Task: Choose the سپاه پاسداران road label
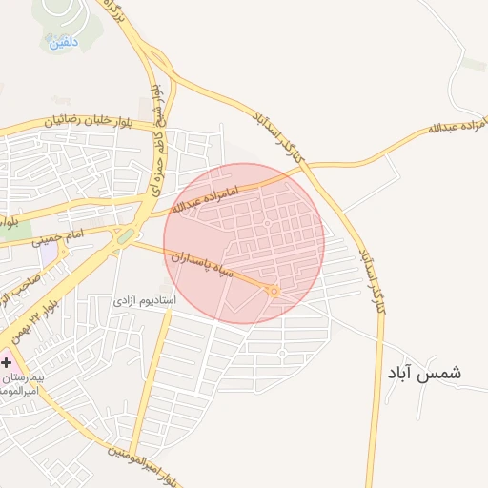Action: click(x=204, y=265)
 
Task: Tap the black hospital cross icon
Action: click(x=6, y=363)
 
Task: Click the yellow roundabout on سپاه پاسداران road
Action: click(x=274, y=291)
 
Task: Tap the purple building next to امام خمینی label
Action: click(x=49, y=255)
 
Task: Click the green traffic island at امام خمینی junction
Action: click(x=125, y=235)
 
